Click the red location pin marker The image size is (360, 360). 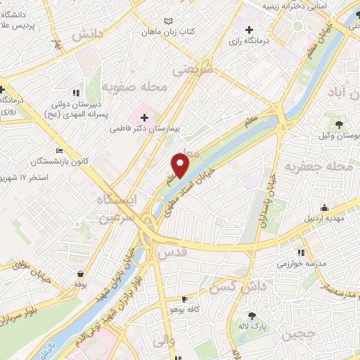click(181, 165)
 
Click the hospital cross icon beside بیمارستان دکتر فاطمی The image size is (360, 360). click(145, 115)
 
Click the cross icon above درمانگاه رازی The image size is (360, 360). click(250, 30)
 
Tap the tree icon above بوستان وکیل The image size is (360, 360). click(340, 124)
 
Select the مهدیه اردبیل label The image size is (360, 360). click(323, 219)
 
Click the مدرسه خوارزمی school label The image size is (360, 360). click(301, 264)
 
